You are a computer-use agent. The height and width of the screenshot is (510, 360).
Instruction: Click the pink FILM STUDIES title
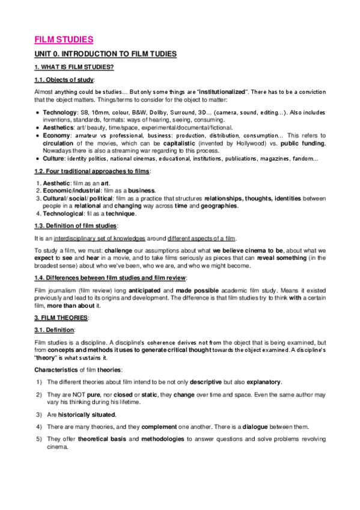(63, 40)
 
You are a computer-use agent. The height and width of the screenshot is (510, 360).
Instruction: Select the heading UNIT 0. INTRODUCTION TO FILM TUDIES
(105, 54)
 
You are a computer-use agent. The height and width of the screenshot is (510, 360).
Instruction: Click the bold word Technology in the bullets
(58, 112)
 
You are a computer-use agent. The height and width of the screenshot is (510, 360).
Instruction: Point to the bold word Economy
(56, 135)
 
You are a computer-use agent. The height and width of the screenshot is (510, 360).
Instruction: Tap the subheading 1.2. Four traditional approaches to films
(91, 171)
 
